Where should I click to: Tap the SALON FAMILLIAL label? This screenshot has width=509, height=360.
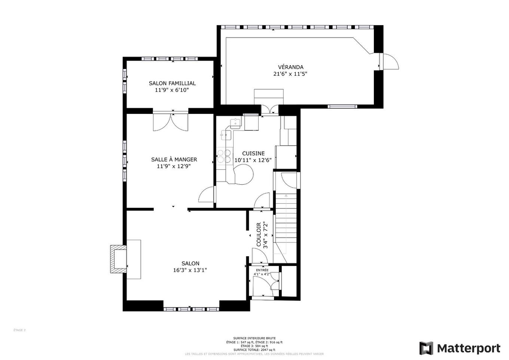click(172, 84)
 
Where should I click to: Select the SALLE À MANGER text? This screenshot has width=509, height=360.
click(174, 160)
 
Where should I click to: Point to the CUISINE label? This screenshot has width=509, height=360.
click(253, 154)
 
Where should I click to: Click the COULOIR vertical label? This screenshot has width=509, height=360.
click(259, 235)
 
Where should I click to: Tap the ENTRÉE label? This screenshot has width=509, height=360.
click(262, 270)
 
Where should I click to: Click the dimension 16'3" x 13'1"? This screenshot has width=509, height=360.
click(190, 270)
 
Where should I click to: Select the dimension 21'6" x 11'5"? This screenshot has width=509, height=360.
click(290, 74)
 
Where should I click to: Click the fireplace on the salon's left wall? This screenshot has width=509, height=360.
click(118, 259)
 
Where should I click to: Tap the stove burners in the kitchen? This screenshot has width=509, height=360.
click(224, 156)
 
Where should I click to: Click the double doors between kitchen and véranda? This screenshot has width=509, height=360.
click(270, 109)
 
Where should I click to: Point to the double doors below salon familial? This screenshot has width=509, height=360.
click(171, 121)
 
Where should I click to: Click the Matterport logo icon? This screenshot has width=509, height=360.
click(426, 348)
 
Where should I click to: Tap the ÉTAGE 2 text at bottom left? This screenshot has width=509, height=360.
click(19, 330)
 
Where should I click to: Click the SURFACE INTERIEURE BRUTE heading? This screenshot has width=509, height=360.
click(254, 338)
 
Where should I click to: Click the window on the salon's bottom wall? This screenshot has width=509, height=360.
click(191, 309)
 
